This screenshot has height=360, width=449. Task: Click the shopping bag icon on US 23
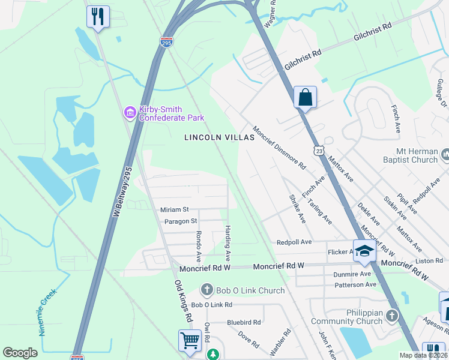pyautogui.click(x=305, y=97)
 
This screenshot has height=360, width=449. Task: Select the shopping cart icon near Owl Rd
pyautogui.click(x=190, y=340)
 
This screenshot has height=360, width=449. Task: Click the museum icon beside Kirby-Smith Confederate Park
pyautogui.click(x=129, y=112)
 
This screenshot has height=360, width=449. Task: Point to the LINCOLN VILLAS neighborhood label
pyautogui.click(x=219, y=137)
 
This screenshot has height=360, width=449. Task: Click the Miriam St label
pyautogui.click(x=175, y=209)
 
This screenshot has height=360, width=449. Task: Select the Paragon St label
pyautogui.click(x=181, y=221)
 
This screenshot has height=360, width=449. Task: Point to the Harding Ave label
pyautogui.click(x=228, y=243)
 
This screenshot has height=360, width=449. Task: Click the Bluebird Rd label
pyautogui.click(x=244, y=322)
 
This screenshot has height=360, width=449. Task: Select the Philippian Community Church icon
pyautogui.click(x=392, y=315)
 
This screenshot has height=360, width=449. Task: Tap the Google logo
pyautogui.click(x=20, y=353)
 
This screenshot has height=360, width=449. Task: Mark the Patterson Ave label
pyautogui.click(x=355, y=284)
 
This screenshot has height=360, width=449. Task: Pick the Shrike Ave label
pyautogui.click(x=297, y=209)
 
